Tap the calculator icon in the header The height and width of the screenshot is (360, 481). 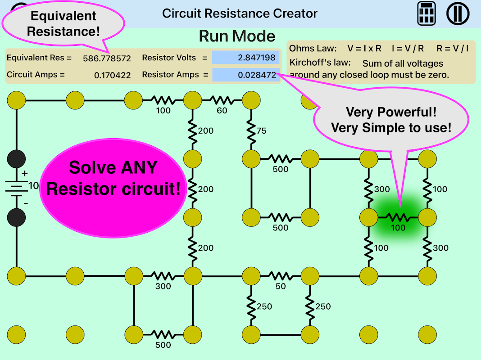(426, 13)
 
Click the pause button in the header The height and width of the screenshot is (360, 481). (458, 13)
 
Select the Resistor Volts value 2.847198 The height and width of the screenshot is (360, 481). (245, 58)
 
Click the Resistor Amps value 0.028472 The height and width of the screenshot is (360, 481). (245, 75)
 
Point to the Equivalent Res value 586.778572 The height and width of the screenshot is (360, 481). (107, 58)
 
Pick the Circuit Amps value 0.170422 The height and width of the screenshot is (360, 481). (112, 75)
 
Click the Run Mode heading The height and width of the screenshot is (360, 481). (237, 36)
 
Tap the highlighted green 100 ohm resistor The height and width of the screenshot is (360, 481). (398, 218)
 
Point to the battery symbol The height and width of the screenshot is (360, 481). (17, 188)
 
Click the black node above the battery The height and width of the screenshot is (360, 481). (17, 159)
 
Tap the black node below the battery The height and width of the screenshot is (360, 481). (17, 217)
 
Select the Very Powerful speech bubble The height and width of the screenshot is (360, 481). (390, 120)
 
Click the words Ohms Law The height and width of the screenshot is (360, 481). (313, 49)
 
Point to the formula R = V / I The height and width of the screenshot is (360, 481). (453, 49)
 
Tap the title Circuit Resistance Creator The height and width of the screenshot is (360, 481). (240, 13)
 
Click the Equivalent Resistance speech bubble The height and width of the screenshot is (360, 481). (63, 24)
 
